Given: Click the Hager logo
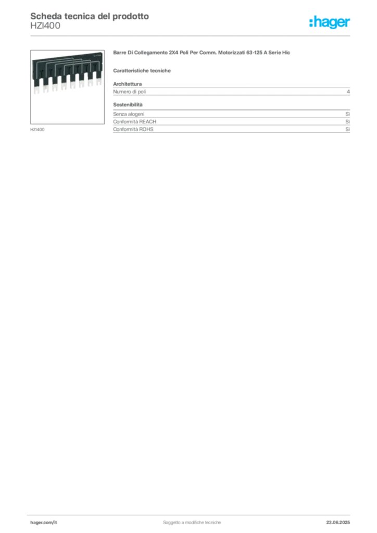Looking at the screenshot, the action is [330, 22].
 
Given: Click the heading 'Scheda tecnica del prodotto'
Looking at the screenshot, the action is [90, 16].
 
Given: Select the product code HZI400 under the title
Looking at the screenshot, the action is [45, 26].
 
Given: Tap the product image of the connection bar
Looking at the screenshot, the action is [67, 87].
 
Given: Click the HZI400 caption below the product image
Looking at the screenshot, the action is [37, 130].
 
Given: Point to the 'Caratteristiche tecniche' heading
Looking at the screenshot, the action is [142, 71].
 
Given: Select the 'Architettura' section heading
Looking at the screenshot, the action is [128, 84].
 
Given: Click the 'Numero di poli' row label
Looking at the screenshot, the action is [130, 92].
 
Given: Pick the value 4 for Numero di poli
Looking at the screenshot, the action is [348, 92].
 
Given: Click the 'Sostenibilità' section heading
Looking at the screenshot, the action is [128, 105].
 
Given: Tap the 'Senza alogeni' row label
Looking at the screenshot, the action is [129, 114].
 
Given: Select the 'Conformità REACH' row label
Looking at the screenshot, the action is [135, 122].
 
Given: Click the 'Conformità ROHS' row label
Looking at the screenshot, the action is [133, 129].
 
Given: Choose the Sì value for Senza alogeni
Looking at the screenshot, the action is [347, 114].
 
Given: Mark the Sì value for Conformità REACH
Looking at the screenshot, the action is [347, 122].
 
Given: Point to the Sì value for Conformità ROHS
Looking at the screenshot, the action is [347, 129].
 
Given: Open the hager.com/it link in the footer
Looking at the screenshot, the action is [44, 523].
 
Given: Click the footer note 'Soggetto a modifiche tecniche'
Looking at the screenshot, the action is [192, 523].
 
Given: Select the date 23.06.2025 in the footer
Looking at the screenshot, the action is [338, 523].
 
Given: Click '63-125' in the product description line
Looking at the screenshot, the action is [254, 53].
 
